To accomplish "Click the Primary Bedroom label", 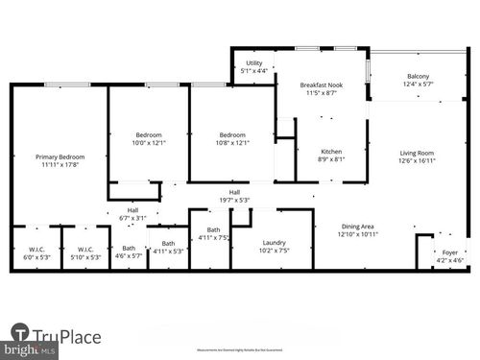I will [x=60, y=156].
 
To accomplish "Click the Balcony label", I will [x=418, y=77].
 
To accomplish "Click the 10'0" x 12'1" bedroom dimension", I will [x=149, y=143].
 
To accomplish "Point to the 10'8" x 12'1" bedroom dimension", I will [x=232, y=143].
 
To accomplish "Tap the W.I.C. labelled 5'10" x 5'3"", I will [x=85, y=256].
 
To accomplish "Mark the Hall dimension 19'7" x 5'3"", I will [x=234, y=200].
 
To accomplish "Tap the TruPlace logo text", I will [x=67, y=336].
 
